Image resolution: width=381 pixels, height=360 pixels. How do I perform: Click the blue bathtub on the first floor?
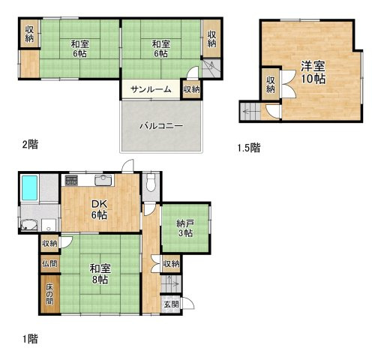[30, 187]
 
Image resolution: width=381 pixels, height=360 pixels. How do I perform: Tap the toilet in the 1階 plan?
[151, 183]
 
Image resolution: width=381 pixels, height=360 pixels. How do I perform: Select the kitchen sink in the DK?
[103, 180]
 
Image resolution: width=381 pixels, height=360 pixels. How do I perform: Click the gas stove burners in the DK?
[71, 181]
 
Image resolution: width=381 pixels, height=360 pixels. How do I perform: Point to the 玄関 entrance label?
[171, 304]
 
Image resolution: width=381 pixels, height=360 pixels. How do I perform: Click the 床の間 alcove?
[50, 294]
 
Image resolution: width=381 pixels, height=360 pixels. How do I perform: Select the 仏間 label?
[49, 263]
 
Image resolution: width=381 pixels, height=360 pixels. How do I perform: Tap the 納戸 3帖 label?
[185, 228]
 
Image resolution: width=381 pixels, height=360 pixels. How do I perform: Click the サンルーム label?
[151, 89]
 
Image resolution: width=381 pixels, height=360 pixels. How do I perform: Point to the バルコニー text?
[161, 125]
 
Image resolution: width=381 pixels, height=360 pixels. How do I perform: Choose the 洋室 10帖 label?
[313, 73]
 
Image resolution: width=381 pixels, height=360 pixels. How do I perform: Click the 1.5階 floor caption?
[249, 148]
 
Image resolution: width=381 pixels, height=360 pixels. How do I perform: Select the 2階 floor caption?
[30, 145]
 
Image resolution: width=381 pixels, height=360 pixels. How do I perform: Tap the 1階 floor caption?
[30, 339]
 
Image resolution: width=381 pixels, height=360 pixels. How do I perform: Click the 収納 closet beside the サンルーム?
[191, 89]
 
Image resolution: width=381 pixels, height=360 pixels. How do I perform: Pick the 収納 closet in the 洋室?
[271, 84]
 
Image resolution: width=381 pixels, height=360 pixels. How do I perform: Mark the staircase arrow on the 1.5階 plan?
[250, 112]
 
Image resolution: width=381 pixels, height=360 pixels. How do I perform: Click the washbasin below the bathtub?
[30, 225]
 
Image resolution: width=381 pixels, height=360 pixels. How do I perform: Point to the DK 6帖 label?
[100, 209]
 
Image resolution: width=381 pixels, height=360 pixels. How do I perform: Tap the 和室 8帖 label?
[100, 274]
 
